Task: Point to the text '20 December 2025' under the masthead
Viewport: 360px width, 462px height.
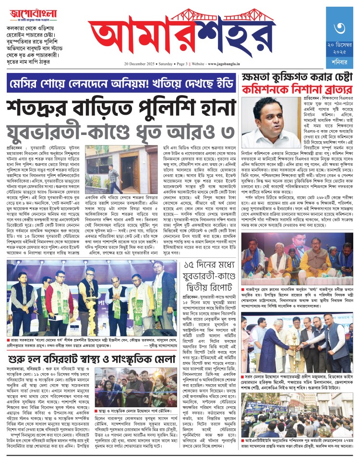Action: (x=140, y=63)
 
